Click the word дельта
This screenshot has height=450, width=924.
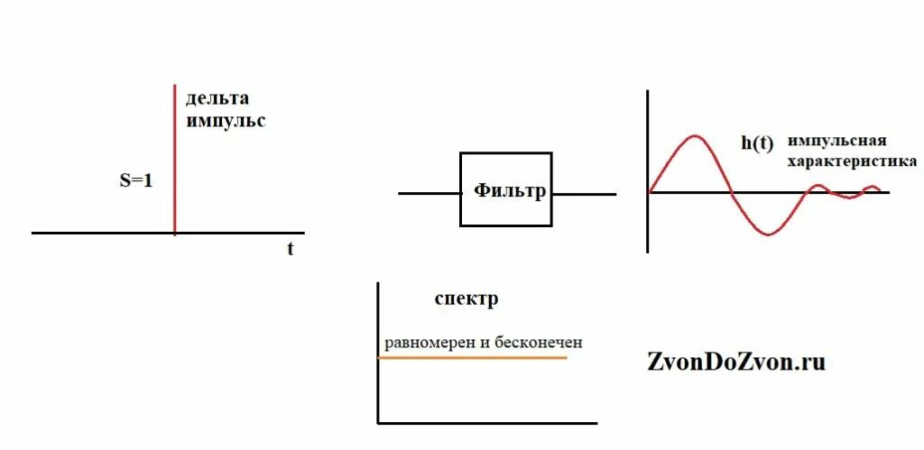[x=217, y=98]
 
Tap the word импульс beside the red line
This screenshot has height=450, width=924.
[x=226, y=121]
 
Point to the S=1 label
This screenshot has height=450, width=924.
[x=136, y=180]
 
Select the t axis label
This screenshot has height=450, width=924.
[x=290, y=250]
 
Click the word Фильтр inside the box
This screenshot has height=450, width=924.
[x=510, y=190]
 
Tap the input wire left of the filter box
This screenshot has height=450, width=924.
[x=429, y=193]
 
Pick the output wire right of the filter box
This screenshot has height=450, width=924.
[x=585, y=193]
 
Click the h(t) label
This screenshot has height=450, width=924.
[x=757, y=142]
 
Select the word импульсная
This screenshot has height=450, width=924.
[x=836, y=142]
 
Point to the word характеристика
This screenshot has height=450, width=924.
[x=852, y=161]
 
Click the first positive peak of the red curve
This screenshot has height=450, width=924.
[x=693, y=136]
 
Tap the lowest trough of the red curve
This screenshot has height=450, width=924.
[x=766, y=234]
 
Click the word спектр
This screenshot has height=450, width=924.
[x=466, y=299]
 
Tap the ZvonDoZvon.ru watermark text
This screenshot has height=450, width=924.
[x=736, y=362]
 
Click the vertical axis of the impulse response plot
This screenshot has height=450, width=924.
[x=648, y=171]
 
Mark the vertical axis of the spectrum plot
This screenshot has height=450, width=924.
[x=378, y=352]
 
